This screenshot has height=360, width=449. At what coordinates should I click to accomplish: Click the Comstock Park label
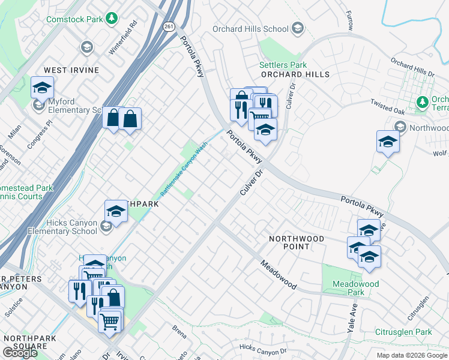74,20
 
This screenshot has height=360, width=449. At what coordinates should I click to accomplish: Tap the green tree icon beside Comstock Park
110,19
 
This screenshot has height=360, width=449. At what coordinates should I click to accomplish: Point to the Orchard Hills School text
251,28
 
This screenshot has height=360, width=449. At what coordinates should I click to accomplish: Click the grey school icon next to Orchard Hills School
297,28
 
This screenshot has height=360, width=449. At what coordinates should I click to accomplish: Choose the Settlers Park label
283,65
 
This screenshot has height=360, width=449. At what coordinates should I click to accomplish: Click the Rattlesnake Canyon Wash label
183,170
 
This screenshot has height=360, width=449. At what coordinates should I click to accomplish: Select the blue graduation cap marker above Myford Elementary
42,88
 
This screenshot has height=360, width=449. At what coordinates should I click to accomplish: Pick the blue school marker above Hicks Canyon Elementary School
116,211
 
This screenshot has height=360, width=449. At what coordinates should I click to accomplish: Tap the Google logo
20,353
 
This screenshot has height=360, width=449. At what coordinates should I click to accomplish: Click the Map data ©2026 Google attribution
411,355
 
